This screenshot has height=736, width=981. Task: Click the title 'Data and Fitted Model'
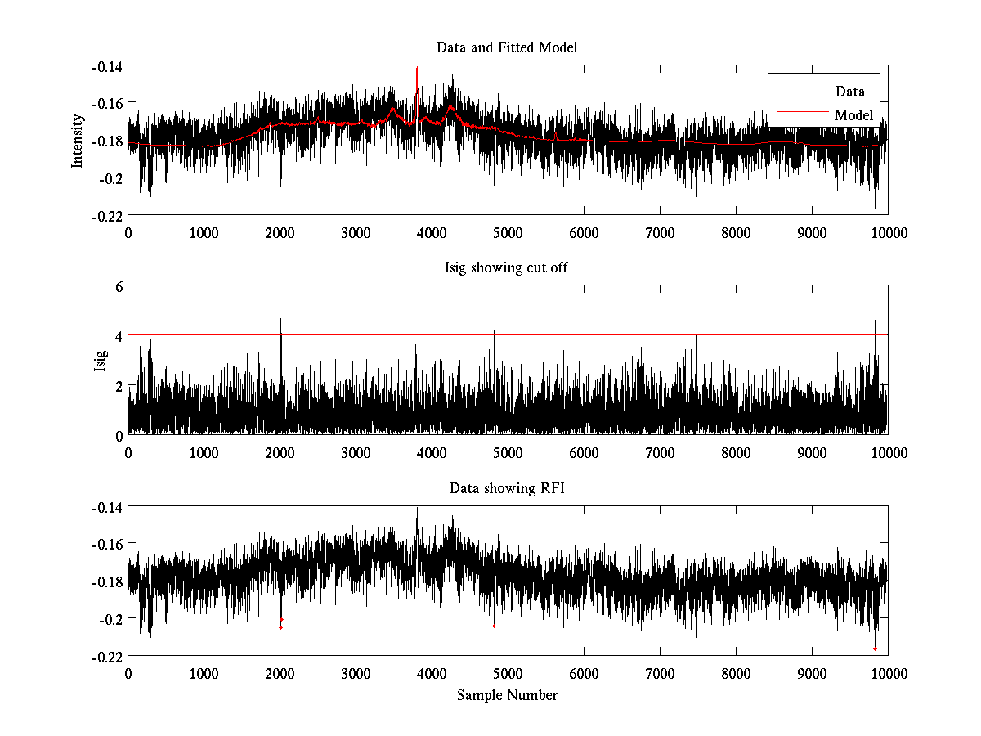[507, 47]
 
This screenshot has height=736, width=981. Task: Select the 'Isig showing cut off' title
[507, 268]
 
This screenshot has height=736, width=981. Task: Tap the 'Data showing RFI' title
[507, 489]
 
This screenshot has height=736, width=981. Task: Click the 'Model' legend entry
[853, 114]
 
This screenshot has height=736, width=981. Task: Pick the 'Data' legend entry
[849, 92]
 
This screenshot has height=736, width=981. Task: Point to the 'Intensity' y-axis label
[78, 140]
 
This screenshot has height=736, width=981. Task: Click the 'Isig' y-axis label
[100, 360]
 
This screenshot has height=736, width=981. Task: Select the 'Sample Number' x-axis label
[507, 695]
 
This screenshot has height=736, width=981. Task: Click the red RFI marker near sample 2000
[280, 627]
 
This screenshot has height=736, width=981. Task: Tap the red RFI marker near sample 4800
[494, 626]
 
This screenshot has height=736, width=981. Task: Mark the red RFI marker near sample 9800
[875, 648]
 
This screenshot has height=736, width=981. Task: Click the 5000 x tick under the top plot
[507, 232]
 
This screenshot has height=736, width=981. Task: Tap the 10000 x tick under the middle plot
[888, 453]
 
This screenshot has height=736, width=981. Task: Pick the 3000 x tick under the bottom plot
[356, 673]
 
